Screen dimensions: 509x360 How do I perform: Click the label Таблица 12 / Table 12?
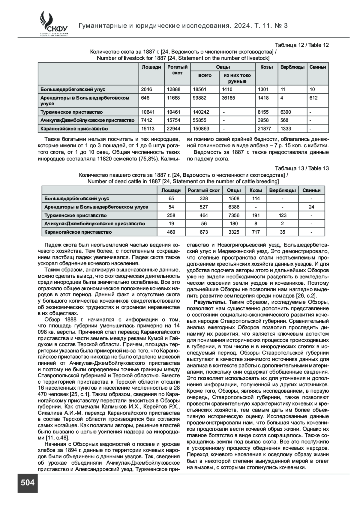(302, 45)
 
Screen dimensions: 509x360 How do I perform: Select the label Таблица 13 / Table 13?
(302, 169)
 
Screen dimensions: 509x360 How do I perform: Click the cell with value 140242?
(201, 112)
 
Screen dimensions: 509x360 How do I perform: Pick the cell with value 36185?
(229, 98)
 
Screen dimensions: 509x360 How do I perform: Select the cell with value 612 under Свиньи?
(314, 98)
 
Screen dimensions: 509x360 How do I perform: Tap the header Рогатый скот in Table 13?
(204, 190)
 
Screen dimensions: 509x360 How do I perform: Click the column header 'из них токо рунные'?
(237, 78)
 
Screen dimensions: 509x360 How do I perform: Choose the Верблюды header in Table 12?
(292, 67)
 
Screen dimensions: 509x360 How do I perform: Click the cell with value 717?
(256, 232)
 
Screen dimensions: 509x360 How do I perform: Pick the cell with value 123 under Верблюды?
(282, 215)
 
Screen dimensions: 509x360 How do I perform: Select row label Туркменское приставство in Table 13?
(76, 215)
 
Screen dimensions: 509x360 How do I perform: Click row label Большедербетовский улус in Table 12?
(73, 89)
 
